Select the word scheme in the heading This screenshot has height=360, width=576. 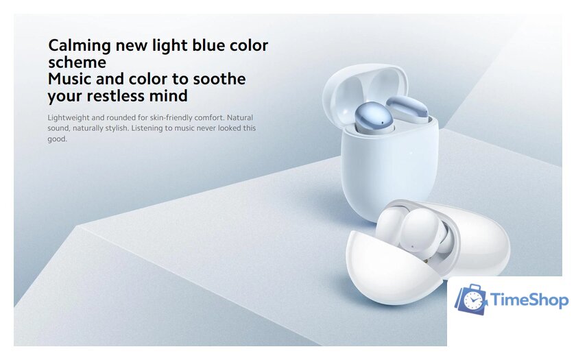point(77,62)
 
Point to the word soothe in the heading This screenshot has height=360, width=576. point(219,79)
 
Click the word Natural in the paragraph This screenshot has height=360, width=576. point(240,117)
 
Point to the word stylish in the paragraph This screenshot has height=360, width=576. point(116,129)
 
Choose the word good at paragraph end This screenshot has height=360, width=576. point(58,139)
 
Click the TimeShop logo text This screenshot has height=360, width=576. point(529,300)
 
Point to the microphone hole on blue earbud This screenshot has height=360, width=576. point(382,123)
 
